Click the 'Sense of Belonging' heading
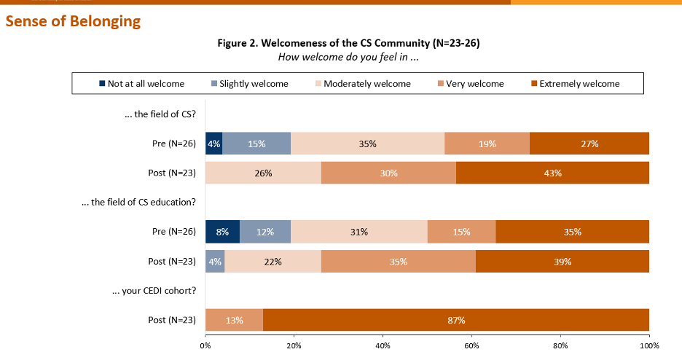tap(73, 21)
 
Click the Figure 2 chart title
tap(348, 43)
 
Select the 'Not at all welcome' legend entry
tap(141, 84)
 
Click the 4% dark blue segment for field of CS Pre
tap(213, 144)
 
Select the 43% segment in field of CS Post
tap(552, 173)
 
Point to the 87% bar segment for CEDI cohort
tap(456, 320)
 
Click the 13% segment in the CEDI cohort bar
tap(234, 320)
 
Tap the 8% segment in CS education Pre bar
tap(222, 232)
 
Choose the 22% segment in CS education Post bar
tap(273, 261)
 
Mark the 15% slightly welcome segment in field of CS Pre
tap(256, 144)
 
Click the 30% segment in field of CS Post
tap(388, 173)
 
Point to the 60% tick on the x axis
tap(471, 345)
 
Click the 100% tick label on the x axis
tap(649, 345)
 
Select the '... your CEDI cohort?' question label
tap(154, 290)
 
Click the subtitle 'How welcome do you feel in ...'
tap(348, 57)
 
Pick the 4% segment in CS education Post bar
tap(215, 261)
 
